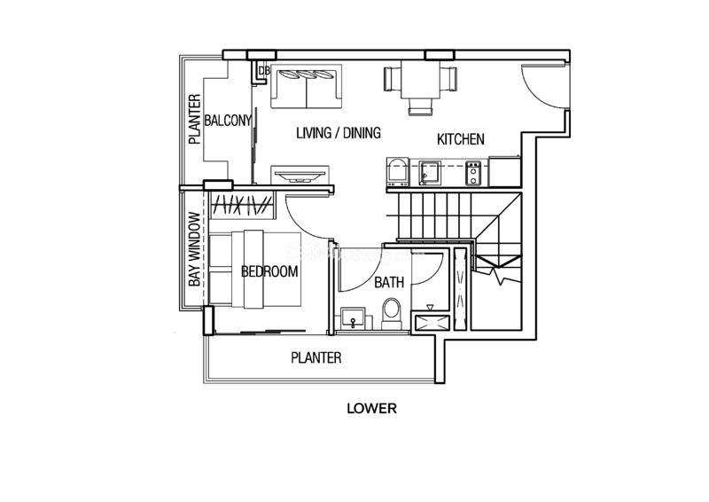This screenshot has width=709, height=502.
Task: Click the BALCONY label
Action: pyautogui.click(x=228, y=121)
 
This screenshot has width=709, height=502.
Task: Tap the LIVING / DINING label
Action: pyautogui.click(x=339, y=133)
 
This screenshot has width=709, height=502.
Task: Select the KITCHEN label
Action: pyautogui.click(x=460, y=139)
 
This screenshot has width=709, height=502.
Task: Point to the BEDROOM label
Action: pyautogui.click(x=269, y=271)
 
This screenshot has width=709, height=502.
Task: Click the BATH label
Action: pyautogui.click(x=389, y=282)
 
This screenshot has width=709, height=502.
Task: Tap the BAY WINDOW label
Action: pyautogui.click(x=194, y=249)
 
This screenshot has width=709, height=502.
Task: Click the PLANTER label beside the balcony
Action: pyautogui.click(x=194, y=119)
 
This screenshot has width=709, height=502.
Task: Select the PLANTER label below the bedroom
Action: pyautogui.click(x=316, y=357)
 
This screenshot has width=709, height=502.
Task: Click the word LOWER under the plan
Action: pyautogui.click(x=371, y=408)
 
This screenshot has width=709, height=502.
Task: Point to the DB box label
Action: pyautogui.click(x=264, y=71)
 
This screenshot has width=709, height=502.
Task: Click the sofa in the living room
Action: pyautogui.click(x=306, y=86)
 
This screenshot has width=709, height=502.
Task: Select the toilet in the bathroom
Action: pyautogui.click(x=392, y=313)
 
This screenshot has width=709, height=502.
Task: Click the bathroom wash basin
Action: pyautogui.click(x=353, y=318)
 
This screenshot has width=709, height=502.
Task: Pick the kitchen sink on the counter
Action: pyautogui.click(x=429, y=173)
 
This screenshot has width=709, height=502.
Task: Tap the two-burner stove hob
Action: pyautogui.click(x=473, y=173)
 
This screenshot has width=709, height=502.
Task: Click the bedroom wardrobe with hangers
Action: pyautogui.click(x=242, y=206)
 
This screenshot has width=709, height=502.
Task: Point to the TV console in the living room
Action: pyautogui.click(x=300, y=174)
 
